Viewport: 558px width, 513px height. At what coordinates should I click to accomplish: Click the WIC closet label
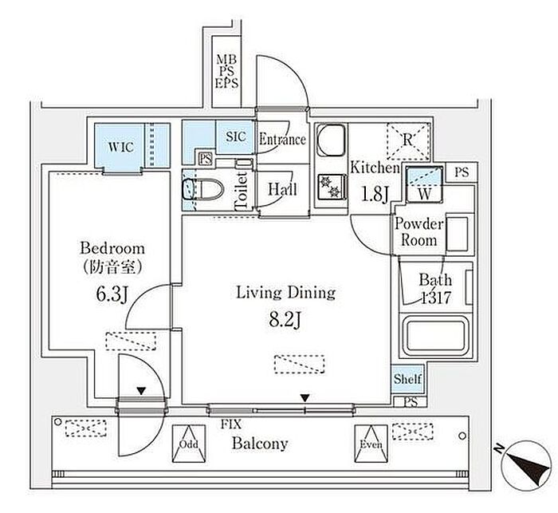(122, 146)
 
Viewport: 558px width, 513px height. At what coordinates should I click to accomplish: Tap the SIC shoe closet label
(235, 136)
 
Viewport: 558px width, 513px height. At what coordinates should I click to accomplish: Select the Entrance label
(282, 140)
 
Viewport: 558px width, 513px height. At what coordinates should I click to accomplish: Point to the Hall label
(282, 189)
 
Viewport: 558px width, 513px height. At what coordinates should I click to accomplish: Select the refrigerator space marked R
(407, 140)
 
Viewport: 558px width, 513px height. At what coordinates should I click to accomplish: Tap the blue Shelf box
(407, 380)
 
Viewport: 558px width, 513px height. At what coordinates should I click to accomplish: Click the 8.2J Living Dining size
(285, 321)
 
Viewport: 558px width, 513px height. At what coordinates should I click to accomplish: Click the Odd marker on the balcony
(189, 444)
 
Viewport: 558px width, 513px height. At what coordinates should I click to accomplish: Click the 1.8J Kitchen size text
(375, 195)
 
